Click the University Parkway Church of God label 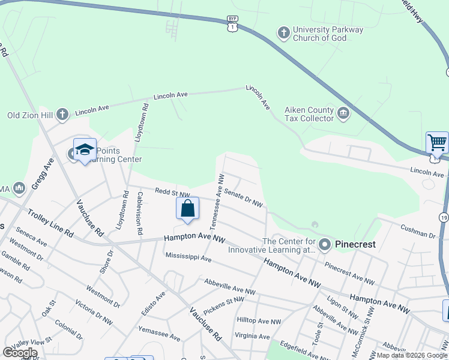(328, 34)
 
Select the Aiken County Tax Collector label (309, 114)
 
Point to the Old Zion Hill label (29, 115)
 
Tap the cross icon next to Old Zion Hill (61, 115)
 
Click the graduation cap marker (85, 151)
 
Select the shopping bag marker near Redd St (187, 208)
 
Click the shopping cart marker (438, 143)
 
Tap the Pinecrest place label (355, 244)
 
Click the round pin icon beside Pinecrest (325, 244)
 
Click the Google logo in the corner (20, 353)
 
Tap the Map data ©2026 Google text (412, 355)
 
